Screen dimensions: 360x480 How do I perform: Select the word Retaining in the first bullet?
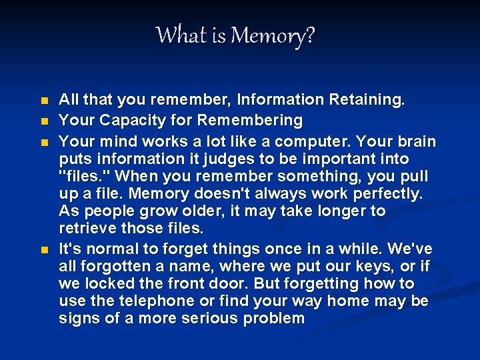coord(367,100)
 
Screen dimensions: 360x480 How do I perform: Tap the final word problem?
coord(274,319)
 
